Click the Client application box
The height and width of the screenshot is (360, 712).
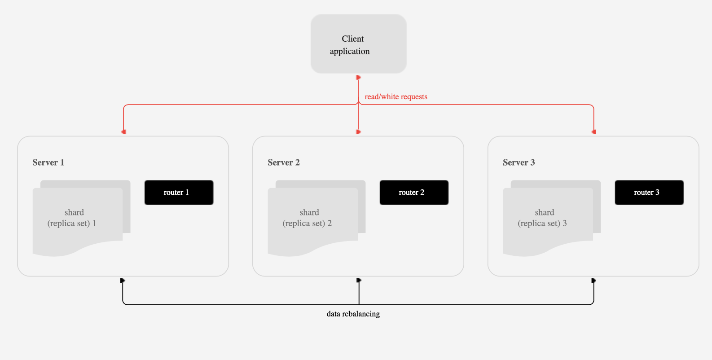pyautogui.click(x=358, y=44)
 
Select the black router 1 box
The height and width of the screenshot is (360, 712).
pyautogui.click(x=179, y=193)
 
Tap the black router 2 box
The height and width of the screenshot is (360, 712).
pyautogui.click(x=414, y=193)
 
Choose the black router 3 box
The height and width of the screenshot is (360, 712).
pyautogui.click(x=649, y=193)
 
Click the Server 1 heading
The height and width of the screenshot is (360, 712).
pyautogui.click(x=48, y=162)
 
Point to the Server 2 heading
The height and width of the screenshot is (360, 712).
pyautogui.click(x=284, y=162)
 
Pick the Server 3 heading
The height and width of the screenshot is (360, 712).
pyautogui.click(x=519, y=162)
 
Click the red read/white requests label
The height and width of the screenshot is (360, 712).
pyautogui.click(x=396, y=97)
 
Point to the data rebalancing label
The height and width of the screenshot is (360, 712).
pyautogui.click(x=353, y=314)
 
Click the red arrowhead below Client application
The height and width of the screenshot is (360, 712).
pyautogui.click(x=359, y=78)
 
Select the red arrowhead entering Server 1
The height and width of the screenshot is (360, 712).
pyautogui.click(x=123, y=132)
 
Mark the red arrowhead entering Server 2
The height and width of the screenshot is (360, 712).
pyautogui.click(x=359, y=132)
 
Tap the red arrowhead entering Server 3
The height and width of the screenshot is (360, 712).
pyautogui.click(x=594, y=132)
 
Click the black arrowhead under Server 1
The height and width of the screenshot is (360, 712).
pyautogui.click(x=123, y=281)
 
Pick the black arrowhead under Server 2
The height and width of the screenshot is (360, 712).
pyautogui.click(x=359, y=281)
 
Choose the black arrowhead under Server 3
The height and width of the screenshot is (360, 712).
pyautogui.click(x=593, y=281)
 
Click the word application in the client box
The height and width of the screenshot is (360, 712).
pyautogui.click(x=350, y=52)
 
